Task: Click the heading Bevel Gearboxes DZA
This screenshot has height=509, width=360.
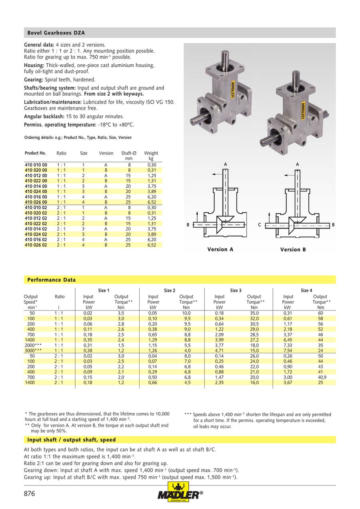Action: pos(56,33)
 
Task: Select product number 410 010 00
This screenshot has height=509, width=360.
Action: pos(36,165)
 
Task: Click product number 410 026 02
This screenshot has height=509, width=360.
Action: pos(36,245)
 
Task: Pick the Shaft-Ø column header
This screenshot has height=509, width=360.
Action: pos(129,153)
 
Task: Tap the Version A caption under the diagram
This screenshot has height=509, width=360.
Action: pos(220,249)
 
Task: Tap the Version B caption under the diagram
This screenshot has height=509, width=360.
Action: pos(293,249)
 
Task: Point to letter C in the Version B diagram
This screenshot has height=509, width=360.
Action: pos(259,225)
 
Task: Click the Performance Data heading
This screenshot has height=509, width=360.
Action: pos(51,280)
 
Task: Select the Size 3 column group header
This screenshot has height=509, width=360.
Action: pos(236,291)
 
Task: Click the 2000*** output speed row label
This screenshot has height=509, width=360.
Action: pos(33,345)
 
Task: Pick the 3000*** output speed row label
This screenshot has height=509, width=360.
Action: pos(33,351)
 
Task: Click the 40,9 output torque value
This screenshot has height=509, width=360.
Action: pos(320,377)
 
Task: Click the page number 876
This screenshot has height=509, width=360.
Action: pos(30,494)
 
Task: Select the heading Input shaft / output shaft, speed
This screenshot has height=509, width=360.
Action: pos(72,440)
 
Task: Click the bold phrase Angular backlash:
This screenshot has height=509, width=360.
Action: pos(44,116)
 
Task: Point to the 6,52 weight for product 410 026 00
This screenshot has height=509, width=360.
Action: pos(151,202)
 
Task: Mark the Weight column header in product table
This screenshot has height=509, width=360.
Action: pos(151,153)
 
